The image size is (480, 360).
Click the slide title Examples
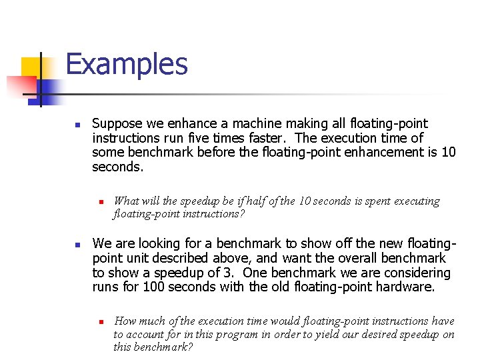point(127,65)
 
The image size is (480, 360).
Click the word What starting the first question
point(127,201)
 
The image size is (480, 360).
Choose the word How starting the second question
point(125,321)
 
